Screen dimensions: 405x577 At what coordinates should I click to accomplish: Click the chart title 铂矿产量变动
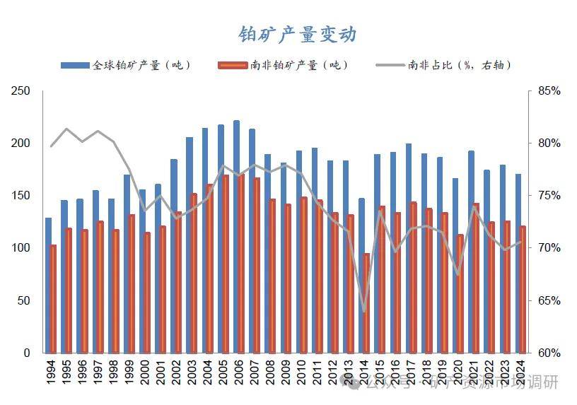(297, 34)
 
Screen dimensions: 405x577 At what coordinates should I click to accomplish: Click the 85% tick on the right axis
(548, 91)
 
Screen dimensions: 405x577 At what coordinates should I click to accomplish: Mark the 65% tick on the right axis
(548, 300)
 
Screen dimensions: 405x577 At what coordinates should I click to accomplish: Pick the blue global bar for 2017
(409, 247)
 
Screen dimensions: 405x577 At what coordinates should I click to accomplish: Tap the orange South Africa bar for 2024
(523, 289)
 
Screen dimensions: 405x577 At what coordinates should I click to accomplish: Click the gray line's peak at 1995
(66, 129)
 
